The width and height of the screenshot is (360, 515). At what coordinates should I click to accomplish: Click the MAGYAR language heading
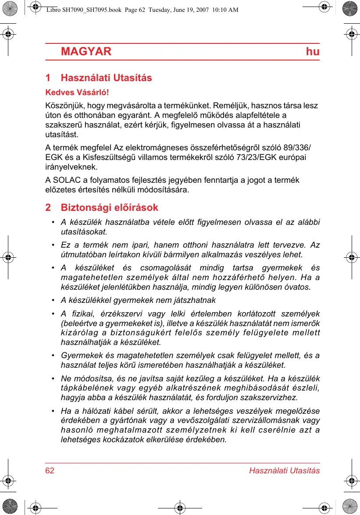point(86,52)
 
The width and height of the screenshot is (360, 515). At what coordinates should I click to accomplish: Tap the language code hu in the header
point(313,52)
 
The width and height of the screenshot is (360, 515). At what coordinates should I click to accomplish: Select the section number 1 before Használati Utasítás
point(48,78)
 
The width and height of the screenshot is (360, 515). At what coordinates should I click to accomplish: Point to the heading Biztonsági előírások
point(109,207)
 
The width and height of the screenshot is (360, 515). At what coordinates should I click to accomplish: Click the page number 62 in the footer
point(50,471)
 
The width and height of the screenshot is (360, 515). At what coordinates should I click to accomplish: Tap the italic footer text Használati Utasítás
point(284,471)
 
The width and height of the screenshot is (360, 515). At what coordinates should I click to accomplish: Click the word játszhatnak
point(196,300)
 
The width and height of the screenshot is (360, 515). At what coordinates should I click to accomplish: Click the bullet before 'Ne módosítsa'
point(53,378)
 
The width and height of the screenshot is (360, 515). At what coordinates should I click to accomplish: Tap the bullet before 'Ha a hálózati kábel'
point(53,411)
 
